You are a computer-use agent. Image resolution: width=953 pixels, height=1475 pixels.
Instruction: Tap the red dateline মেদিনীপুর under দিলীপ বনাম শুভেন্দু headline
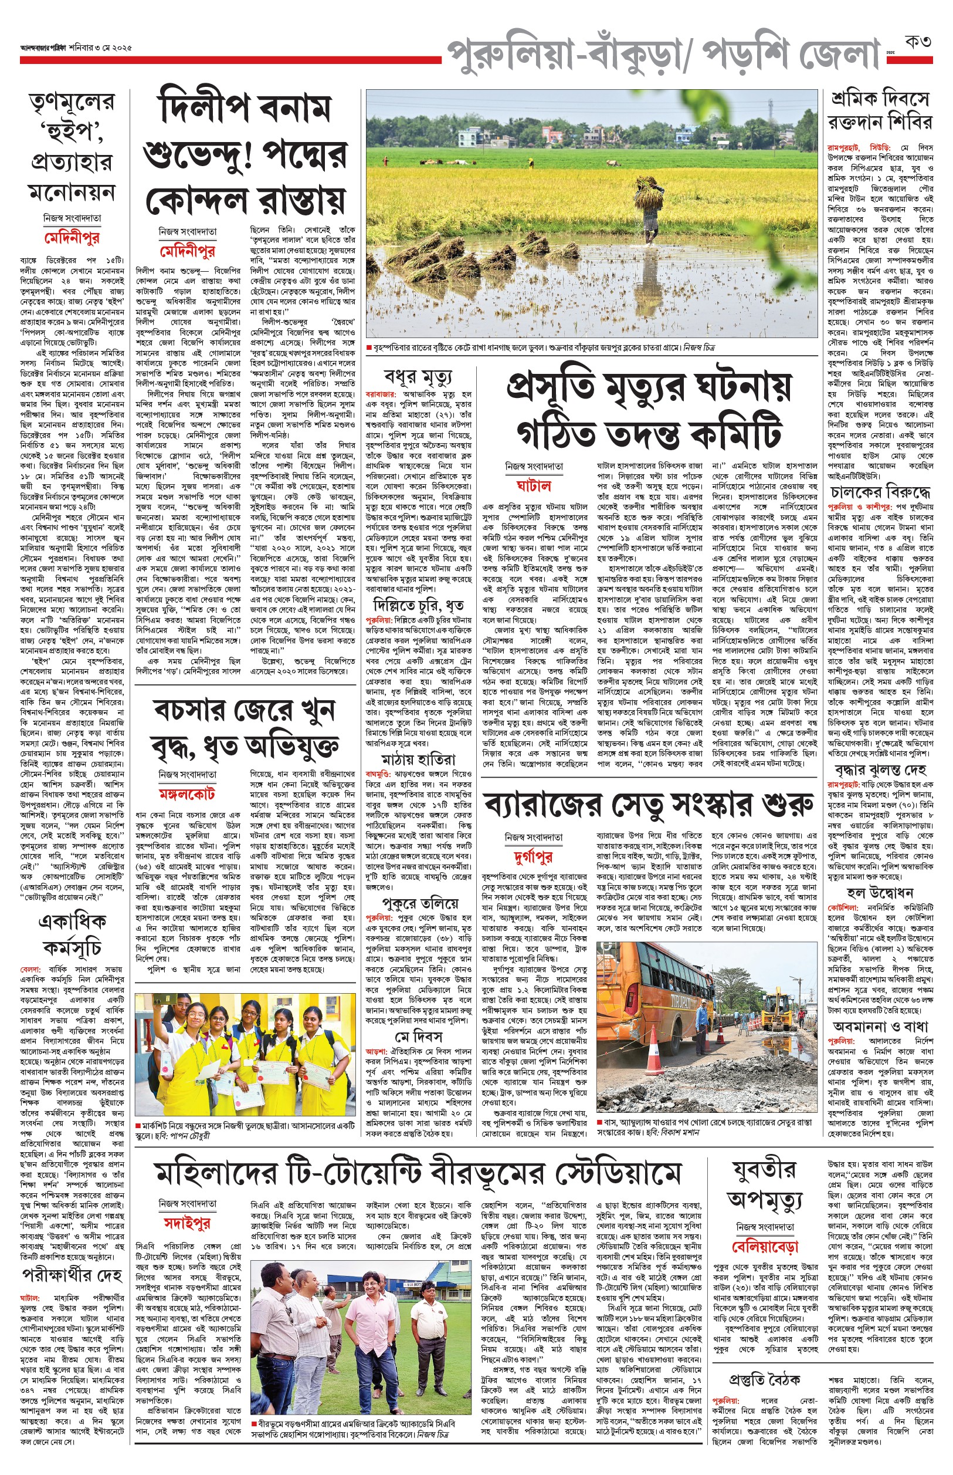188,251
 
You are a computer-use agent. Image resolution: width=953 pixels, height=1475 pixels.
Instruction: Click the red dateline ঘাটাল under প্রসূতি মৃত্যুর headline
534,485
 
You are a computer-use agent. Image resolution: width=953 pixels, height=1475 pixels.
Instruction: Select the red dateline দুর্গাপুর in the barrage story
533,857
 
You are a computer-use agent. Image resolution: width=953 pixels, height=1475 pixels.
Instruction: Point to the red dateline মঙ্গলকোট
186,794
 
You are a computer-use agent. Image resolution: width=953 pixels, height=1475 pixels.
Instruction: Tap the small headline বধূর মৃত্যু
418,376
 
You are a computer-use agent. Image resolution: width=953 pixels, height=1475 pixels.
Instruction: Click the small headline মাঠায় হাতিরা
418,759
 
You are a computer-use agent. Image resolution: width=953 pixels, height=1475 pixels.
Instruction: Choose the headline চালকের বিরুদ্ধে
880,493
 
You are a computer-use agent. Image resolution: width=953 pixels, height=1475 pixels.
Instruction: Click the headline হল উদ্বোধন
879,892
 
